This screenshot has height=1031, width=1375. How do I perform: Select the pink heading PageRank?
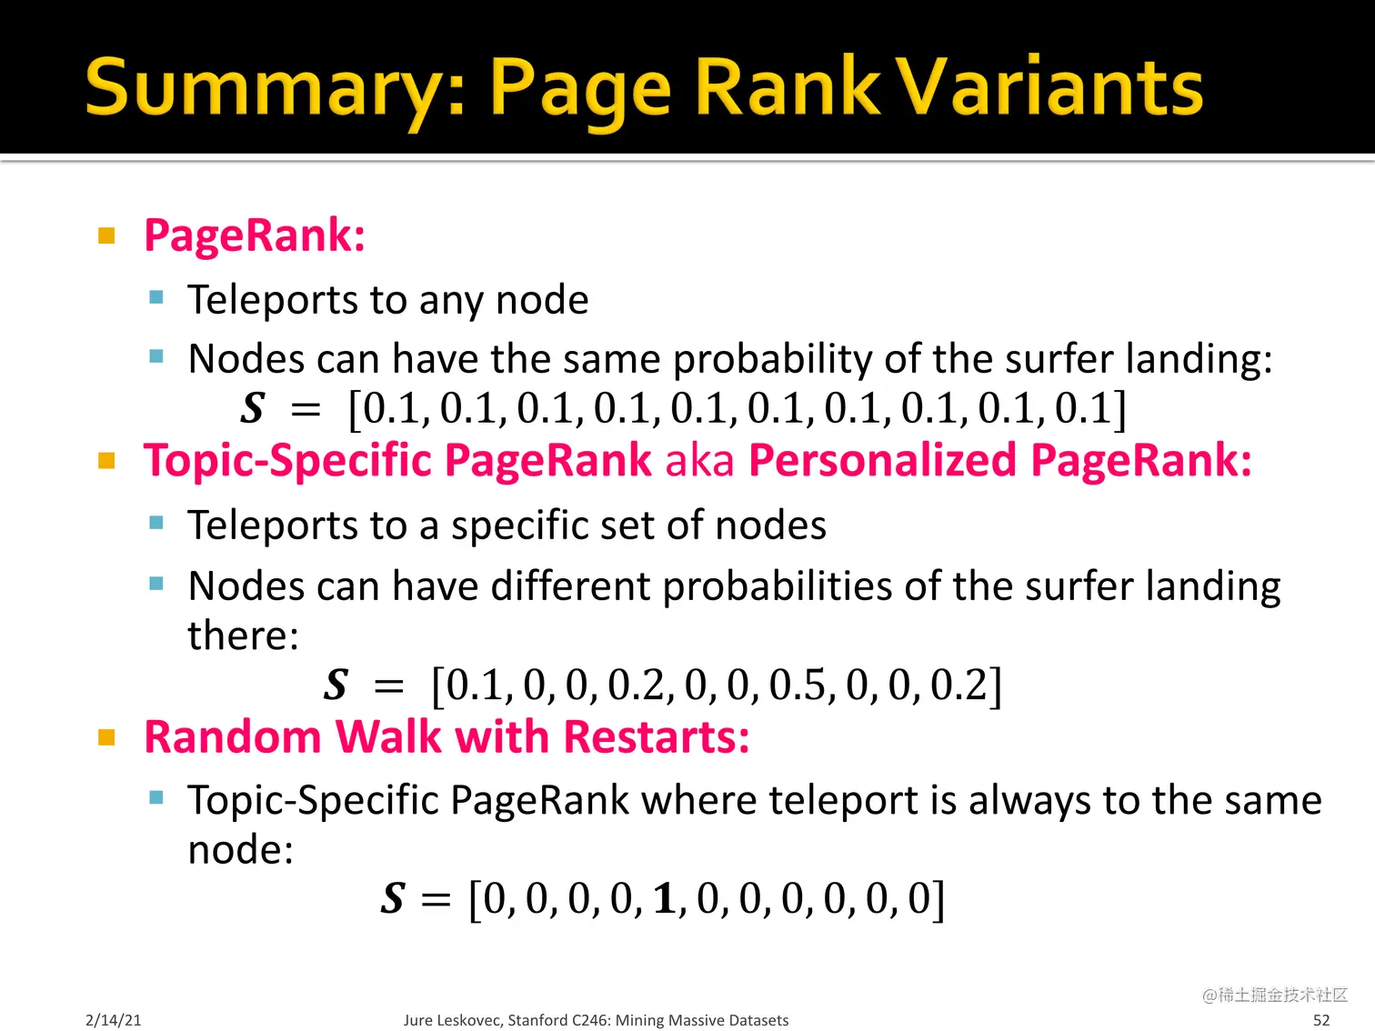[x=255, y=235]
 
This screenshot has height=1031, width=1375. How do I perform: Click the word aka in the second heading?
[x=699, y=460]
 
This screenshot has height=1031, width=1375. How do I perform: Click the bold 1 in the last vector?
[x=665, y=899]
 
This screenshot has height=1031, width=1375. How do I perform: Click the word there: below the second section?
[x=243, y=636]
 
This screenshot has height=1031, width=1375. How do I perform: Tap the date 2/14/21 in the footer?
[x=114, y=1020]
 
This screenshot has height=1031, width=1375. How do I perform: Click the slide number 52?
[x=1321, y=1020]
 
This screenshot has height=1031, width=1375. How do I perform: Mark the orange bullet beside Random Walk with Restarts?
[x=106, y=737]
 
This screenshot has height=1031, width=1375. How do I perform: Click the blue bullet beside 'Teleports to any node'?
[x=156, y=297]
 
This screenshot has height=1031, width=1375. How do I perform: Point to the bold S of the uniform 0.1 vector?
[x=253, y=408]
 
